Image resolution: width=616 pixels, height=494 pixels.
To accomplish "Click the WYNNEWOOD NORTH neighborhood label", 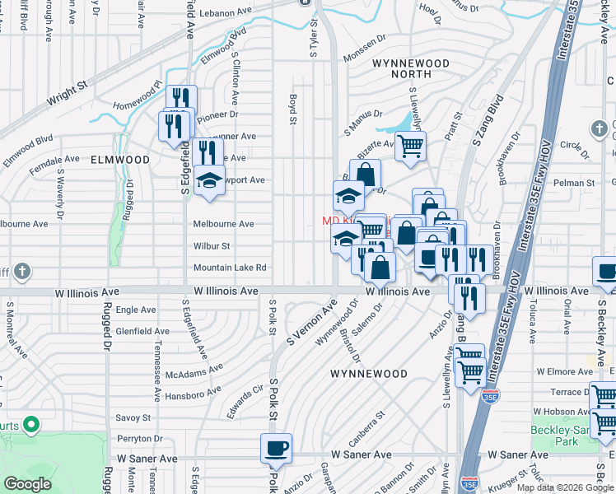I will tap(410, 69).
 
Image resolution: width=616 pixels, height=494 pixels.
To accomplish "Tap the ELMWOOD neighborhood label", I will tap(120, 160).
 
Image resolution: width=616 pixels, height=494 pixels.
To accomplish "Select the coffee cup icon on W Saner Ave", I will tap(277, 449).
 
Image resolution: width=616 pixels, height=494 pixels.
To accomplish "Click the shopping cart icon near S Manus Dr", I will tap(410, 147).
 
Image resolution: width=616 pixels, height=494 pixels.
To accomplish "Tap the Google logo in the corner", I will tap(28, 483).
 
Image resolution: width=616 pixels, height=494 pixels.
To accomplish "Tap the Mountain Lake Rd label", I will tap(230, 268).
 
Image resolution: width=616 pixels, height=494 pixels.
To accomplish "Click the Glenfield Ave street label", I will tap(142, 331).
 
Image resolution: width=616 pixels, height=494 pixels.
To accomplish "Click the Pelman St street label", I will tap(575, 182).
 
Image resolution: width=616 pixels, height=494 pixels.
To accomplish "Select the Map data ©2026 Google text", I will tap(565, 487).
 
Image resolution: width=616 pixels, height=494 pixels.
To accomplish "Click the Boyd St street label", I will tap(292, 109).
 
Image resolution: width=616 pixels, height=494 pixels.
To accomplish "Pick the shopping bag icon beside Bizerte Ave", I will tap(365, 175).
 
